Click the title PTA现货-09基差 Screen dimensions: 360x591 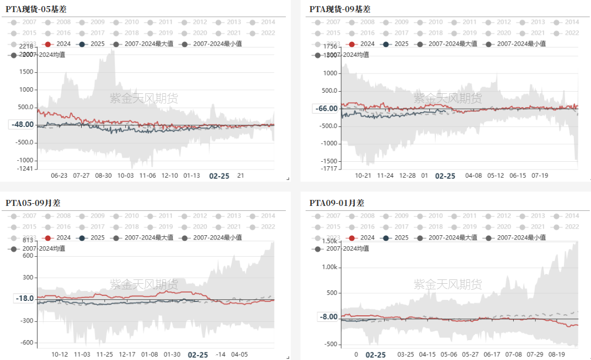340,9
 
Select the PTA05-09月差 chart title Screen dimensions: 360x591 33,203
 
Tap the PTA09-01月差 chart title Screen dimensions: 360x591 337,203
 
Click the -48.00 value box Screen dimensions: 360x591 23,125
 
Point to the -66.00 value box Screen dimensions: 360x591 326,108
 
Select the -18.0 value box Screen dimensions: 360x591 24,299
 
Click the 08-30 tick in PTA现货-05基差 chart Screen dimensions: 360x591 103,176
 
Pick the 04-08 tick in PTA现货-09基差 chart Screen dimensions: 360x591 473,176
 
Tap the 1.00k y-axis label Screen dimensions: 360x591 329,267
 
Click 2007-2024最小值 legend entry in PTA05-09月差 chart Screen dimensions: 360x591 210,237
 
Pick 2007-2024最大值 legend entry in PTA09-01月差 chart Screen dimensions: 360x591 449,237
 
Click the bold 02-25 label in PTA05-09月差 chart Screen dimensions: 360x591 198,354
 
